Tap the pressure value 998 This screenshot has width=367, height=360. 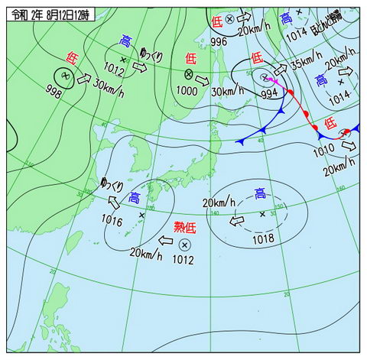pyautogui.click(x=54, y=92)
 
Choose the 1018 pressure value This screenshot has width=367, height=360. pyautogui.click(x=262, y=239)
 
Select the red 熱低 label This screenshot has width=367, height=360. pyautogui.click(x=185, y=226)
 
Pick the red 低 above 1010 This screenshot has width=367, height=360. pyautogui.click(x=330, y=122)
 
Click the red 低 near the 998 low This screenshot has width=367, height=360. pyautogui.click(x=71, y=57)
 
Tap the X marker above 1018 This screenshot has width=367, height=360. pyautogui.click(x=263, y=214)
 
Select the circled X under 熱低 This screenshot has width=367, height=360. pyautogui.click(x=184, y=245)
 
